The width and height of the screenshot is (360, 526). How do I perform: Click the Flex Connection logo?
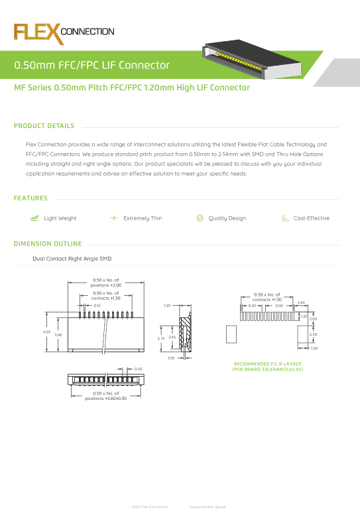click(x=64, y=33)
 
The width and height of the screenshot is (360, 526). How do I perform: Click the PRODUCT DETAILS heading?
click(x=44, y=126)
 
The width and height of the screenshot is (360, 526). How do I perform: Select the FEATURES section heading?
click(x=30, y=198)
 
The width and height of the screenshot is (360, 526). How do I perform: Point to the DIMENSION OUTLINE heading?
click(x=48, y=243)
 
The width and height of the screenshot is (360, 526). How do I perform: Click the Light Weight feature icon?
click(x=34, y=218)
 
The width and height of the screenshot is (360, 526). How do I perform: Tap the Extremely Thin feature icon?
click(x=113, y=218)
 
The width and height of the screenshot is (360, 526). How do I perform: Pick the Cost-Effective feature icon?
click(x=284, y=218)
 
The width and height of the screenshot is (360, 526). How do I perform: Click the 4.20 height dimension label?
click(x=46, y=332)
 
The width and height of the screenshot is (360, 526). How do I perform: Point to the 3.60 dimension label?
click(x=58, y=335)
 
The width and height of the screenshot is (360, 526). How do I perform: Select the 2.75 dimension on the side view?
click(x=160, y=338)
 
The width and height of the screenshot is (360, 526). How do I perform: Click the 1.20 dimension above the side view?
click(x=167, y=306)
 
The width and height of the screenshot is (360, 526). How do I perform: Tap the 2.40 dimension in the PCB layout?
click(x=300, y=302)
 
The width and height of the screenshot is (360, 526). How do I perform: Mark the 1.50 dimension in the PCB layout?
click(x=314, y=348)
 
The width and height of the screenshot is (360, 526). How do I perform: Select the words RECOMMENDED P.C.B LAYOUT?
click(x=268, y=363)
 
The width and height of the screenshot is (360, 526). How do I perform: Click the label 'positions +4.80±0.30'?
click(x=106, y=399)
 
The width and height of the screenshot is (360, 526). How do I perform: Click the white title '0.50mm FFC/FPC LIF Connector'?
click(x=92, y=65)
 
